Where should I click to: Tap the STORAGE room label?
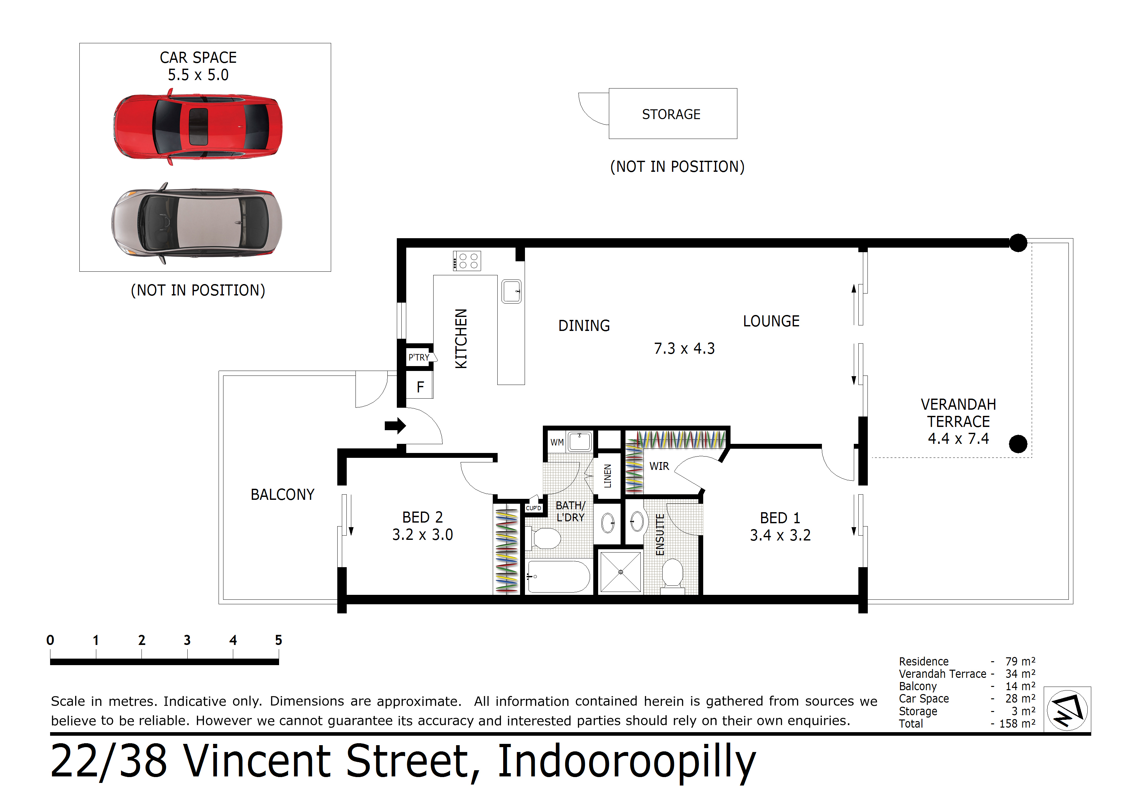pyautogui.click(x=671, y=114)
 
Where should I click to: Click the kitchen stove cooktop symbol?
pyautogui.click(x=467, y=261)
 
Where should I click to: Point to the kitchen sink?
pyautogui.click(x=511, y=291)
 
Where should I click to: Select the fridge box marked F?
pyautogui.click(x=420, y=386)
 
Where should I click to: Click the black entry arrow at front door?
pyautogui.click(x=395, y=426)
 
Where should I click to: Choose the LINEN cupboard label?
pyautogui.click(x=607, y=476)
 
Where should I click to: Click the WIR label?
pyautogui.click(x=659, y=466)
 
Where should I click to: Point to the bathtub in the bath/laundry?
pyautogui.click(x=558, y=576)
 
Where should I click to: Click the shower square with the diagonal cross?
pyautogui.click(x=621, y=572)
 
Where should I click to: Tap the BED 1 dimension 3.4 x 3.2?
pyautogui.click(x=780, y=535)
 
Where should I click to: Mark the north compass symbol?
pyautogui.click(x=1067, y=710)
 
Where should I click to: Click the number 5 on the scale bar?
pyautogui.click(x=278, y=640)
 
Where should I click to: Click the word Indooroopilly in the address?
pyautogui.click(x=627, y=761)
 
